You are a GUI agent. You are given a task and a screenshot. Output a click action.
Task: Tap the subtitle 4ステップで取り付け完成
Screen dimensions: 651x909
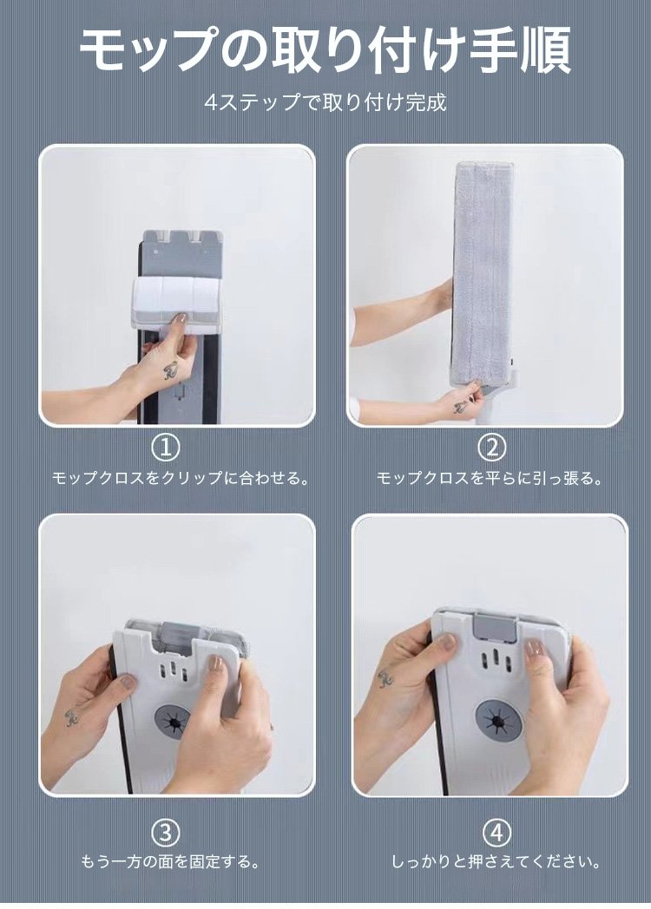coord(325,103)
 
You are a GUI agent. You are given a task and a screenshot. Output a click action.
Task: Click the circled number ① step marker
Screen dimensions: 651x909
coord(167,447)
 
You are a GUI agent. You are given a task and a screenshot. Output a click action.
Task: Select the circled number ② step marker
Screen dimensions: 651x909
coord(492,447)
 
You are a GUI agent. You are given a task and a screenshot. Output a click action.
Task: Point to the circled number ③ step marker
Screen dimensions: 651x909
coord(166,833)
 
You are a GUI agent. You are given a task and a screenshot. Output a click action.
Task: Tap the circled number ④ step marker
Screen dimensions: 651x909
coord(497,833)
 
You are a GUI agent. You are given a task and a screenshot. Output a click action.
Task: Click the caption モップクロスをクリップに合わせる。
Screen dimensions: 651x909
coord(180,478)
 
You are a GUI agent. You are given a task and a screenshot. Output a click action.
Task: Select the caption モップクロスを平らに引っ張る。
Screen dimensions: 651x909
coord(490,478)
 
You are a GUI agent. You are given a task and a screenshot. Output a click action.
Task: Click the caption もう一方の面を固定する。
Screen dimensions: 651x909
coord(170,862)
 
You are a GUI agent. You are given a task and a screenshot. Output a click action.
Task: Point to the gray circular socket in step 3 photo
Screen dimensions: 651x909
coord(173,722)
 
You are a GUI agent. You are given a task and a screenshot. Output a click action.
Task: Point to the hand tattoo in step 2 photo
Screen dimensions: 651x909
coord(460,407)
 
